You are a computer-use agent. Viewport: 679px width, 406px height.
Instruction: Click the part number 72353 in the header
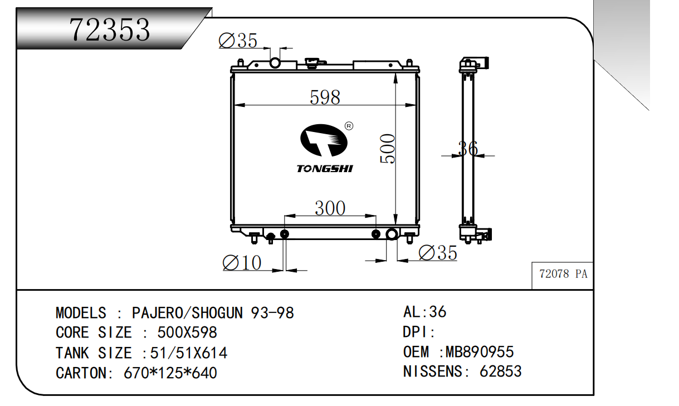110,30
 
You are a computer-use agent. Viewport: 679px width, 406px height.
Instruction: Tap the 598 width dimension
325,97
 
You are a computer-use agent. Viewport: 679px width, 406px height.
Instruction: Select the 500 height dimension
388,149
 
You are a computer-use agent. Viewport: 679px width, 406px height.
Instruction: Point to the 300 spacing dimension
330,208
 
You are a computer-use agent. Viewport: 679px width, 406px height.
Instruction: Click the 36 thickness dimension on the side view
468,149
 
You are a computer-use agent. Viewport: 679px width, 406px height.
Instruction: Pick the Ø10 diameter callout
242,263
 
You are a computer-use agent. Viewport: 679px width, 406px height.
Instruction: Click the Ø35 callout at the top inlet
238,41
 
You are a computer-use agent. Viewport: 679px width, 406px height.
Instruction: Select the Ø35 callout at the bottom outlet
438,253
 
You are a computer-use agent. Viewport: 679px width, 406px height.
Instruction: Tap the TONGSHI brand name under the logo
325,169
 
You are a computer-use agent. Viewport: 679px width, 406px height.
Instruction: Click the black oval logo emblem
324,140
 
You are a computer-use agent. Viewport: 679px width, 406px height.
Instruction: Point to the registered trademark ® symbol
349,126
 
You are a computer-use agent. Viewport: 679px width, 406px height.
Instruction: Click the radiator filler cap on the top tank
312,63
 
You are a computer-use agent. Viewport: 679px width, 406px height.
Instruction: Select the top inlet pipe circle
275,63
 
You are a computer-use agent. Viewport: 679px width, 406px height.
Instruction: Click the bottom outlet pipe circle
392,234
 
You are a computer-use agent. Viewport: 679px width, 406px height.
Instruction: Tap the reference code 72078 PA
563,274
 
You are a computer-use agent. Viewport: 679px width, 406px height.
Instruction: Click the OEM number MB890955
480,352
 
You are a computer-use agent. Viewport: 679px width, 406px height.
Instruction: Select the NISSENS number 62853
500,371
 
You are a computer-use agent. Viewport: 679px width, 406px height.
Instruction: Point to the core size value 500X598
187,332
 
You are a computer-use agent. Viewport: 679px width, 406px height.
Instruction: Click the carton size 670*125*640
170,373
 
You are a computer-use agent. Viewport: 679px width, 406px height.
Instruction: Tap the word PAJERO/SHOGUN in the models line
187,312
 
